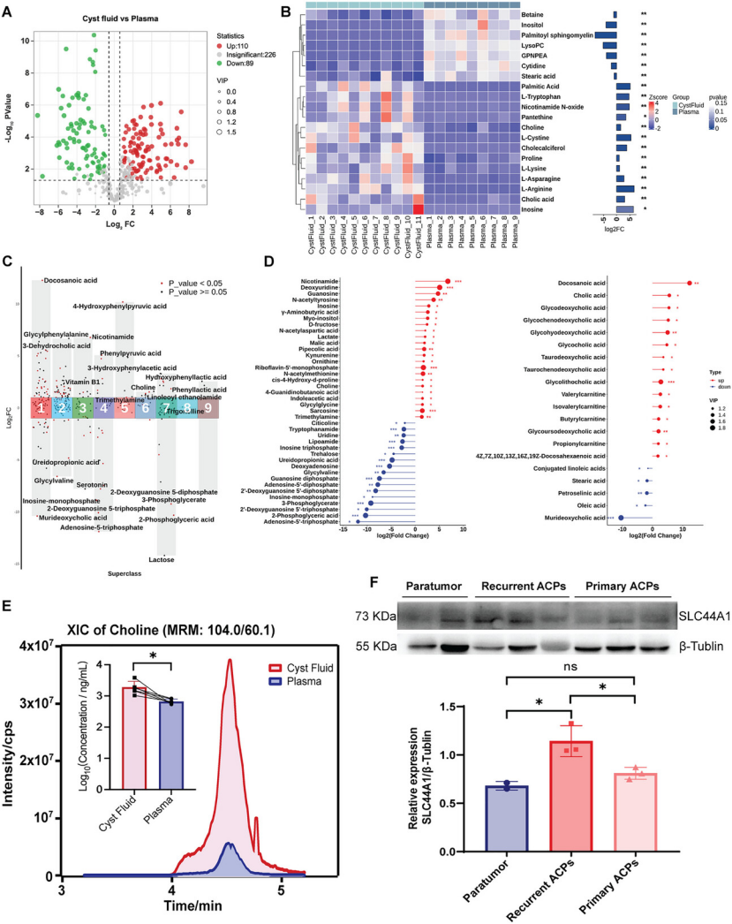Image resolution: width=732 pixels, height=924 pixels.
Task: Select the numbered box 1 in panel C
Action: click(40, 408)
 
